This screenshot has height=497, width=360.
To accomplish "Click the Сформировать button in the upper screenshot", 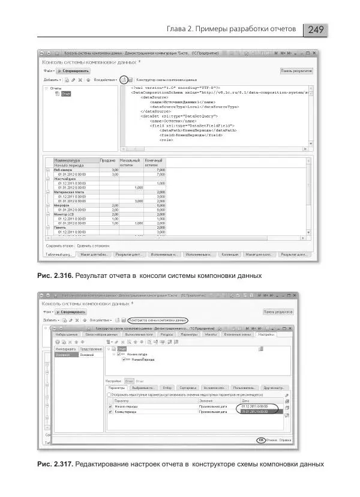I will (x=74, y=71).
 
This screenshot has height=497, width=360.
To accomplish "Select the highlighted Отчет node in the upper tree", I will (x=66, y=94).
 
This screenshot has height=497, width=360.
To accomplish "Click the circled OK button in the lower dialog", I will (x=261, y=440).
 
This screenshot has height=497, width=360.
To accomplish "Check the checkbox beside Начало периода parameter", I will (x=110, y=406).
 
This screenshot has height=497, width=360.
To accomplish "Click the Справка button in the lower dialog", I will (x=286, y=440).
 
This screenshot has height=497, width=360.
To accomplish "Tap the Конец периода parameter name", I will (x=129, y=412).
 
